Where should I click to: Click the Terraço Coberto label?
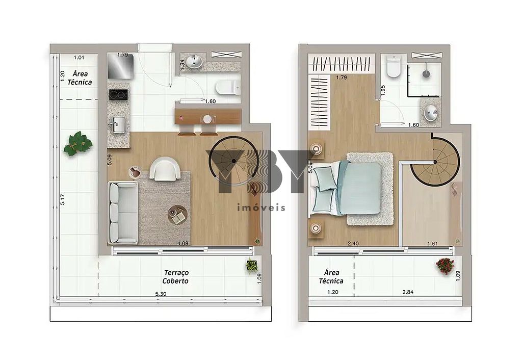[x=175, y=277]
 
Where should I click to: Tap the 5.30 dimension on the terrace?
[x=161, y=294]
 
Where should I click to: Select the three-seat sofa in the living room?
[x=122, y=212]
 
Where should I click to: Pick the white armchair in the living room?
[x=165, y=168]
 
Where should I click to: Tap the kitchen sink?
[x=119, y=124]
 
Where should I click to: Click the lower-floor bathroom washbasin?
[x=194, y=62]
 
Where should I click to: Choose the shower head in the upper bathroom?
[x=426, y=74]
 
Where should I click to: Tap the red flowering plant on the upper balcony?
[x=445, y=266]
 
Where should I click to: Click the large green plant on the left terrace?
[x=78, y=143]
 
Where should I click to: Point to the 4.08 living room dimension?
[x=182, y=243]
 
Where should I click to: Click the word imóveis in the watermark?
[x=262, y=207]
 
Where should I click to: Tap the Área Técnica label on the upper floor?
[x=331, y=276]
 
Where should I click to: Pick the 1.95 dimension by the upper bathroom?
[x=384, y=90]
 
